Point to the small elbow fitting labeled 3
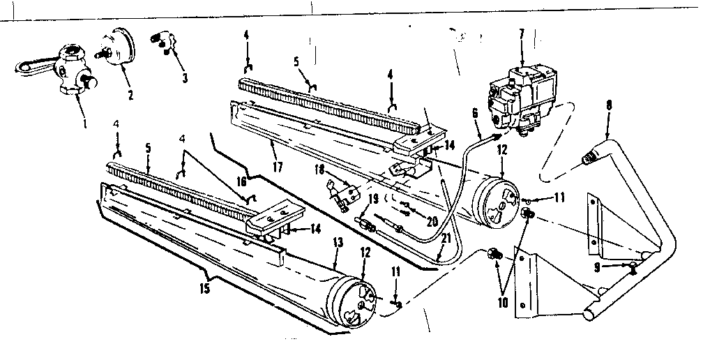point(162,40)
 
